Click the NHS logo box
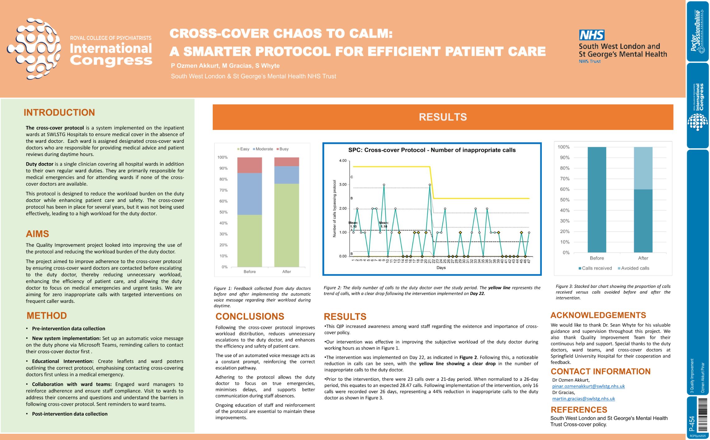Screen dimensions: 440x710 point(592,35)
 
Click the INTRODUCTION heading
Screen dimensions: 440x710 point(59,112)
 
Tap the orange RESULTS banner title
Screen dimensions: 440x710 point(443,117)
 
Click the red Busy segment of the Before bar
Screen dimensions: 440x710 point(249,165)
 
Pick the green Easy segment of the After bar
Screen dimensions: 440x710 point(286,225)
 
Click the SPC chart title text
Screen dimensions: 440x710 point(432,150)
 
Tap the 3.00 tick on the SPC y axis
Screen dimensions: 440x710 point(343,185)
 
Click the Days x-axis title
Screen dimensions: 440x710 point(441,268)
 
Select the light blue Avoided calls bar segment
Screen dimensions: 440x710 point(643,168)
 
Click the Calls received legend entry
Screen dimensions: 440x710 point(595,268)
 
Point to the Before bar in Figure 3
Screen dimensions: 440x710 point(596,199)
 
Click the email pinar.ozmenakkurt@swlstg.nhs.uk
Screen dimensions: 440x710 point(588,386)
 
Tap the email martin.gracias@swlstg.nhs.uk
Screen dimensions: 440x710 point(583,399)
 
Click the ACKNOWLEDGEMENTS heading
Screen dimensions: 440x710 point(598,315)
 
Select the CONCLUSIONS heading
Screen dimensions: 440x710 point(250,316)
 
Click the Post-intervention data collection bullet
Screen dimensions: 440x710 point(70,414)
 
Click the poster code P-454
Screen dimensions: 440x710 point(692,424)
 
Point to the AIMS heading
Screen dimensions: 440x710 point(38,234)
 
